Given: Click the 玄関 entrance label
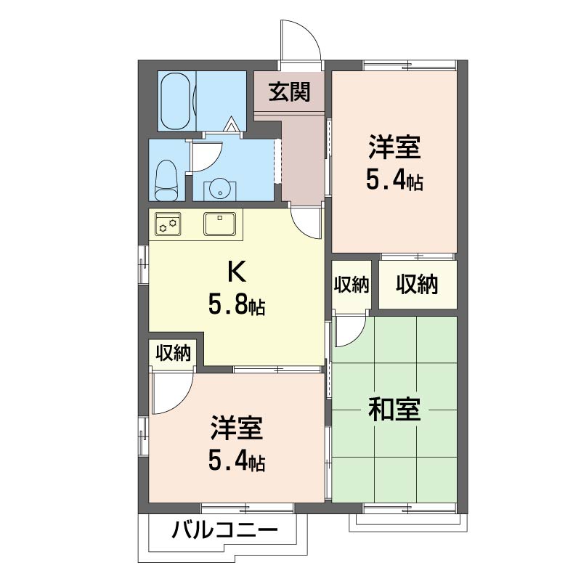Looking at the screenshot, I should coord(290,92).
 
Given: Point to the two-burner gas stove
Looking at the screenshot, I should coord(168,223).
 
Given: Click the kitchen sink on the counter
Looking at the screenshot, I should coord(219,223).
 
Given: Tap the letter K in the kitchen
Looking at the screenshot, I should coord(237,272).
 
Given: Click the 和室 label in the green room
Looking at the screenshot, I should coord(394,411).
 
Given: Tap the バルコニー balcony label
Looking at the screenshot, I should coord(224,531).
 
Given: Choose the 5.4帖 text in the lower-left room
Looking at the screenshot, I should coord(237,461).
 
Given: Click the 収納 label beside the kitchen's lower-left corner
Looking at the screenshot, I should coord(174,354).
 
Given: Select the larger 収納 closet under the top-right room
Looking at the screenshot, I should coord(418,285).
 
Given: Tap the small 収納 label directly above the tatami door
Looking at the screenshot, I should coord(352,285).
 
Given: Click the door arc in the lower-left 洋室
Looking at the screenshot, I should coord(174,392).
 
